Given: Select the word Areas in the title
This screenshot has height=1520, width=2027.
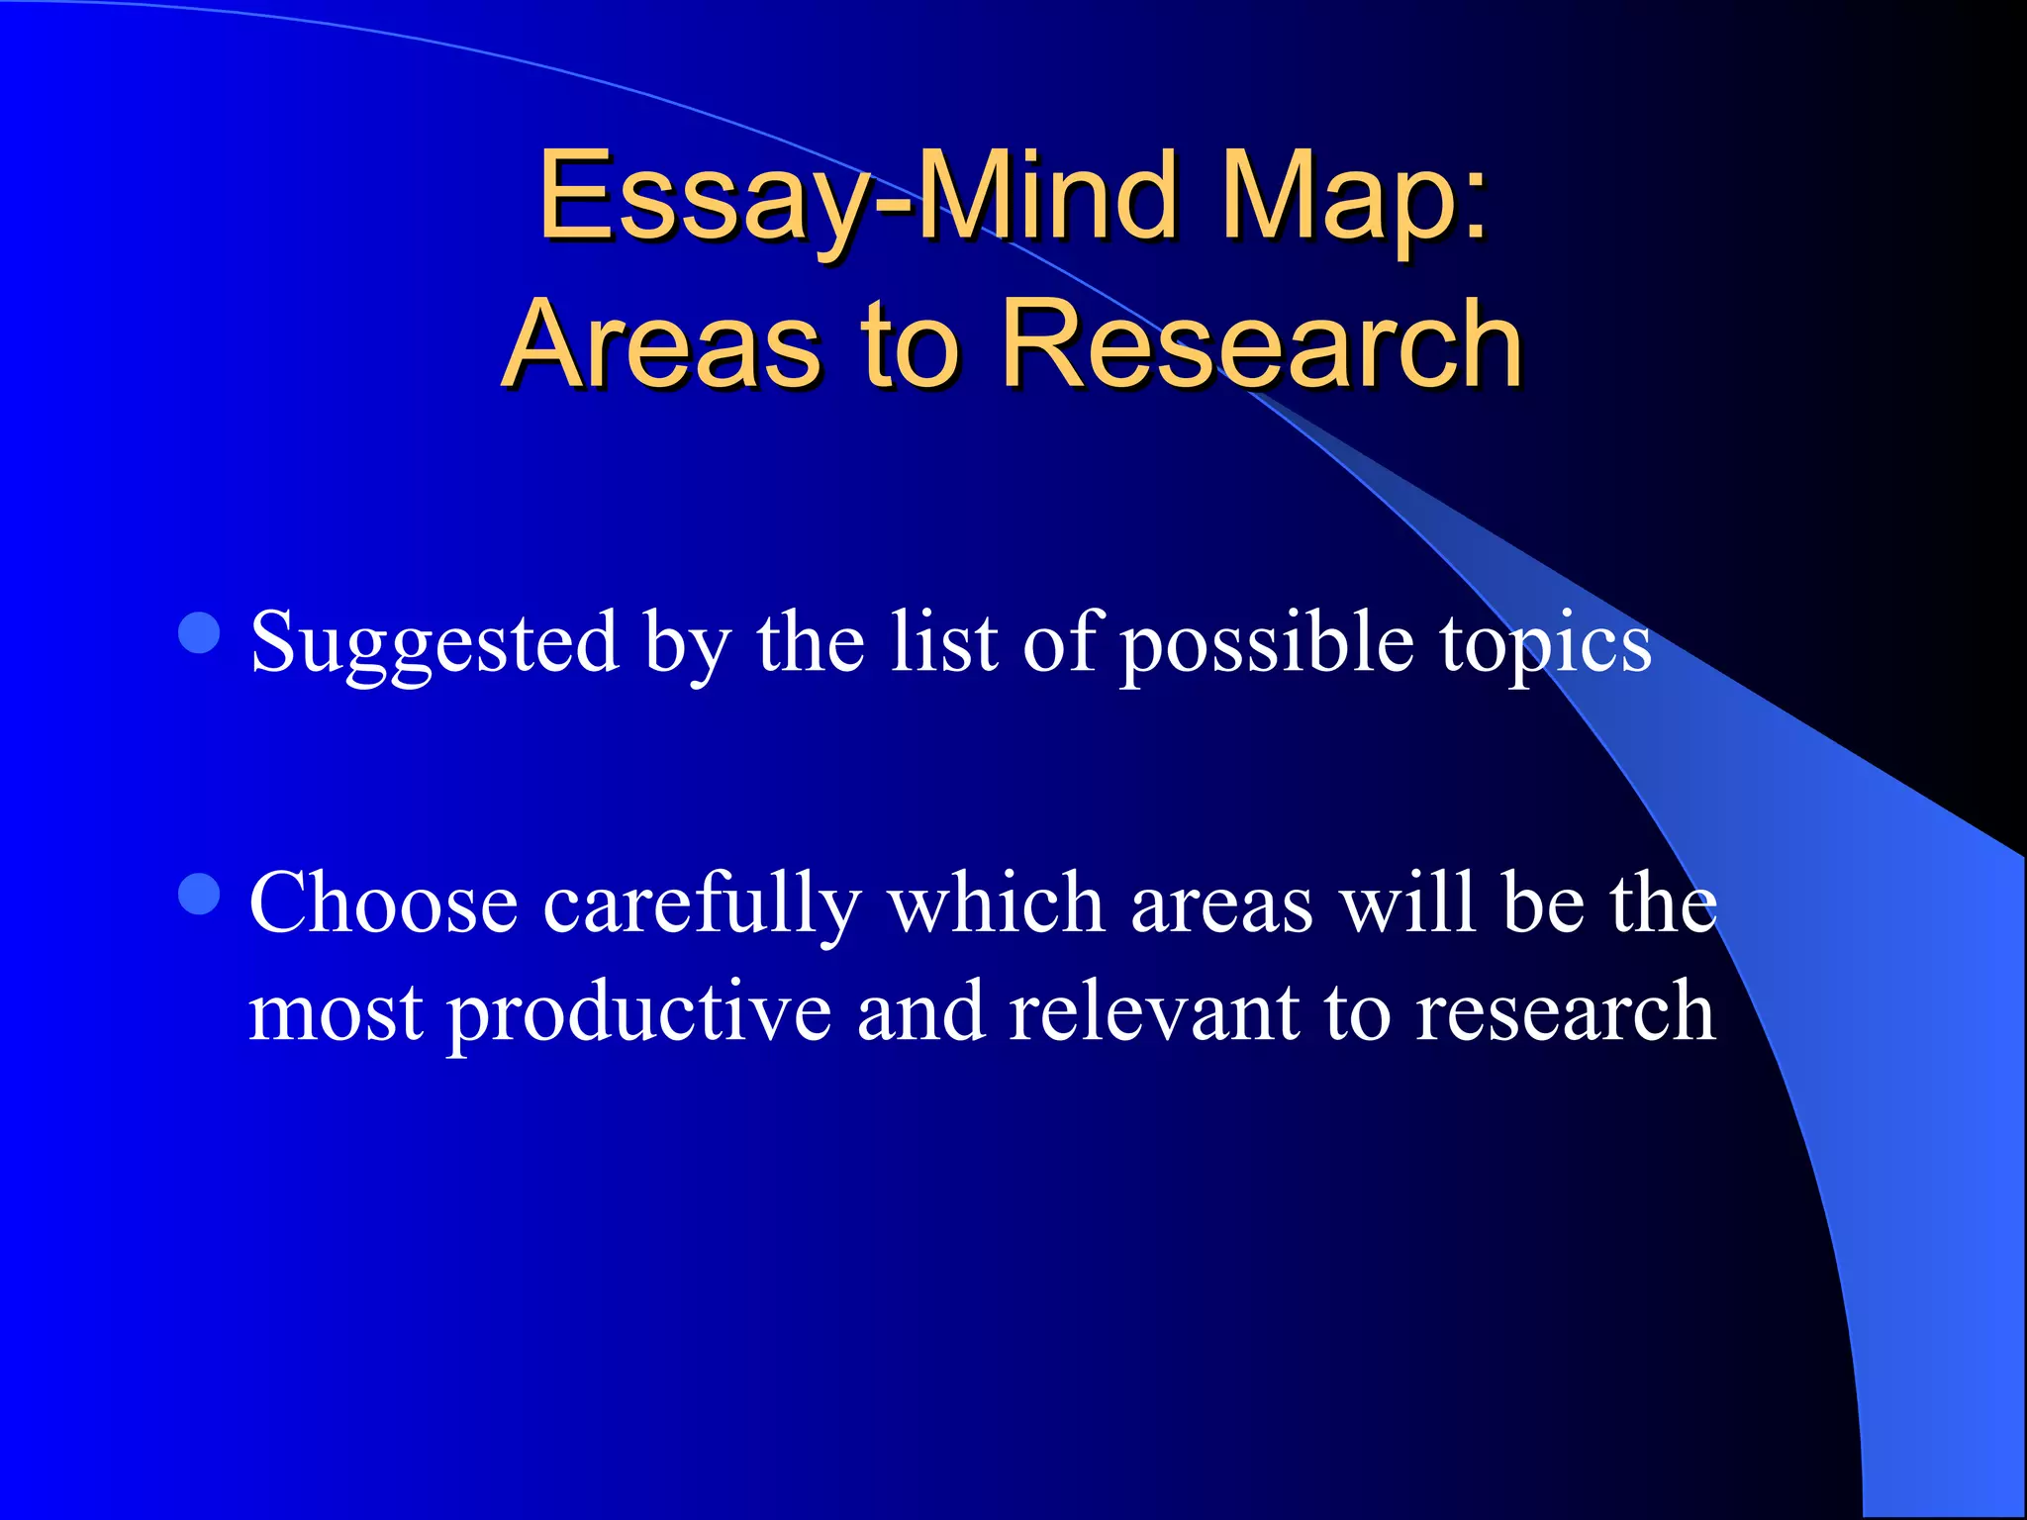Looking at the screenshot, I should coord(661,344).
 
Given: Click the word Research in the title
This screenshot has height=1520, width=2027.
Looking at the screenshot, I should coord(1261,344).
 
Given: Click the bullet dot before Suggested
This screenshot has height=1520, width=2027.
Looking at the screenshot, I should coord(200,633).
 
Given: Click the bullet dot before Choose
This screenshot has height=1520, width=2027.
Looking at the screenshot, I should coord(200,895).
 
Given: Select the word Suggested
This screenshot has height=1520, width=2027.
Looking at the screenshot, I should coord(435,643).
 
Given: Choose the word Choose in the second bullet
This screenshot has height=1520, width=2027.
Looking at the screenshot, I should coord(384,902).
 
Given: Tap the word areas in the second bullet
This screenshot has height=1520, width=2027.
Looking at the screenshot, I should coord(1221,904).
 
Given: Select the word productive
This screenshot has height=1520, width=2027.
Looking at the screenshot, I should coord(639,1013).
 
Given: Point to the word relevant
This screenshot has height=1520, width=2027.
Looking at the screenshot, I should coord(1154,1011).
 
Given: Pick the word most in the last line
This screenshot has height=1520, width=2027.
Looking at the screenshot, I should coord(337,1013).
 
